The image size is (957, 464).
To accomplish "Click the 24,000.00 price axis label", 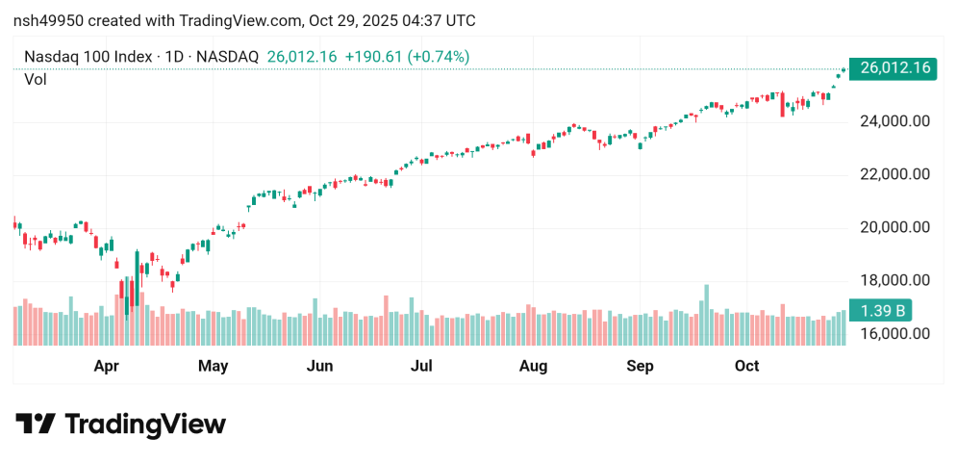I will (x=894, y=121).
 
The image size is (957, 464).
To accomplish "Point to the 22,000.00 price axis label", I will (x=894, y=174).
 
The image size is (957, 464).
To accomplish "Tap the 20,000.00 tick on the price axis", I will (x=894, y=227).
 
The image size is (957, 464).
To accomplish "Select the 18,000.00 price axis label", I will (x=894, y=280).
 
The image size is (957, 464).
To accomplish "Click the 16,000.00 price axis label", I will (x=894, y=334).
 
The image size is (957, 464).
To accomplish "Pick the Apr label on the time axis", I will (x=107, y=366).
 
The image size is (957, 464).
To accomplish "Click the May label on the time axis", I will (x=212, y=366).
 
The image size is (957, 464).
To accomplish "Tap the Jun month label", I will (x=319, y=366).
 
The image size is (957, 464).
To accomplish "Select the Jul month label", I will (x=421, y=366).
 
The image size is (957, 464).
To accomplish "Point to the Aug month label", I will (x=533, y=366).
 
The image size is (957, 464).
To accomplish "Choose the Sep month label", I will (x=640, y=366).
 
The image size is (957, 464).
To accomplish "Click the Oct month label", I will (x=746, y=366).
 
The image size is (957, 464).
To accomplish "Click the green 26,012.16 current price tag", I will (x=895, y=68).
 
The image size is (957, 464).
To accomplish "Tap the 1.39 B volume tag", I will (x=882, y=311).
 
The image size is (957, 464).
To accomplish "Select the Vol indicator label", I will (x=36, y=80).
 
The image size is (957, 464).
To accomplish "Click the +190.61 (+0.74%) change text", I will (x=408, y=57).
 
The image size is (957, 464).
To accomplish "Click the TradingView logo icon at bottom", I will (x=36, y=425).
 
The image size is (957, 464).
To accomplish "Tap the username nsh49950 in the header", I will (x=47, y=20).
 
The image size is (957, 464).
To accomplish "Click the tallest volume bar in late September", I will (x=707, y=315).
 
